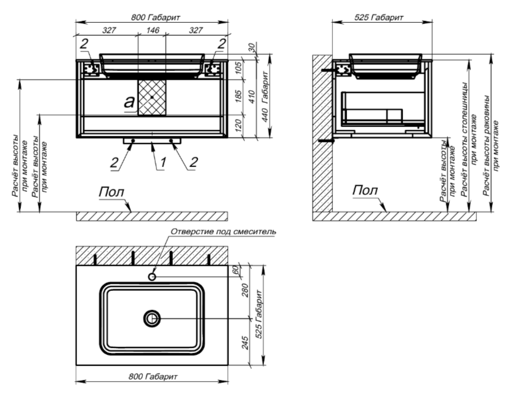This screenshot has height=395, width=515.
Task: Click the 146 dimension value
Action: pos(153,30)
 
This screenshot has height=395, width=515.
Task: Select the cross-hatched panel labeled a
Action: pos(152,97)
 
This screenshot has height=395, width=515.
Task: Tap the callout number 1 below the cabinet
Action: pos(162,162)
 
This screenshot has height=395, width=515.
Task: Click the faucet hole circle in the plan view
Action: pos(152,277)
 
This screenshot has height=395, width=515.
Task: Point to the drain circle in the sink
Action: pos(152,319)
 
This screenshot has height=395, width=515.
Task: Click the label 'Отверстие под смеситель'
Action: pos(223,232)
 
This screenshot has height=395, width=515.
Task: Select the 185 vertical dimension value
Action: pos(239,97)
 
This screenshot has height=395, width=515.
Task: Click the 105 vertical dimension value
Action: pos(239,68)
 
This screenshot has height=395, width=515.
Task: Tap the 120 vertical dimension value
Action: pos(239,125)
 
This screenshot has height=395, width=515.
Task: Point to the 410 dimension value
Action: pos(252,97)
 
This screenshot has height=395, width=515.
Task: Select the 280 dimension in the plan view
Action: pos(246,290)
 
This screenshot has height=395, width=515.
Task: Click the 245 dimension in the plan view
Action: pos(246,343)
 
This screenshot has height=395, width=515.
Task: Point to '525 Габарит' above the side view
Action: pos(378,18)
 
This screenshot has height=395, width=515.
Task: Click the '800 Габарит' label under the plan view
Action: pos(153,377)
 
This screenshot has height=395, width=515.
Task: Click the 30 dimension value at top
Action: pos(252,48)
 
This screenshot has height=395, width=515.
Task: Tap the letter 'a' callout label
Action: pos(129,102)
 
